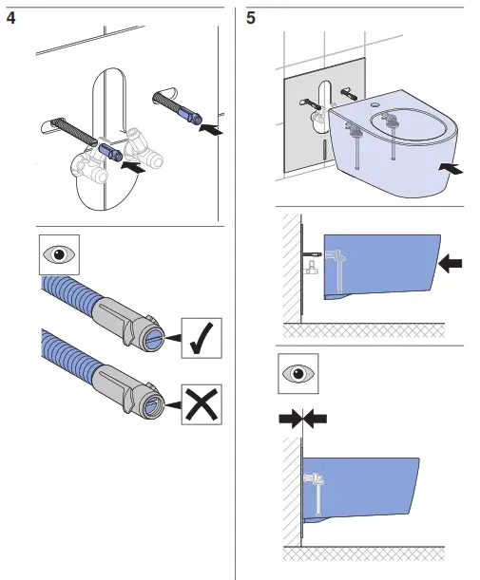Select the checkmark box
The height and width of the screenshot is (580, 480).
201,339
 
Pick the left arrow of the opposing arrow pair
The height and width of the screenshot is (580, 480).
289,417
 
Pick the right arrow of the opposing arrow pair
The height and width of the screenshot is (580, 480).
317,417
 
